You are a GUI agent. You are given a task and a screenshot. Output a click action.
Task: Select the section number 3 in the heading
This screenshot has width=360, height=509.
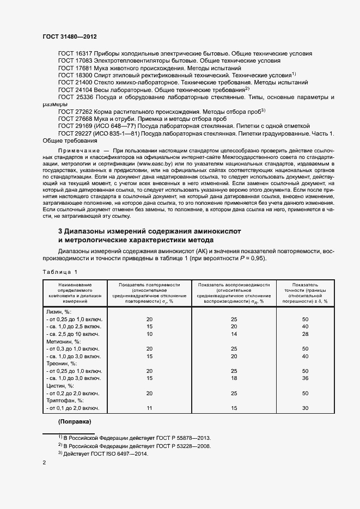click(60, 231)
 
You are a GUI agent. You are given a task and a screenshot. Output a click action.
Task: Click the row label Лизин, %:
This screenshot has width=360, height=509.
click(60, 311)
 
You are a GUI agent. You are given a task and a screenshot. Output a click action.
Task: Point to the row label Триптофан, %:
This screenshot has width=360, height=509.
click(65, 400)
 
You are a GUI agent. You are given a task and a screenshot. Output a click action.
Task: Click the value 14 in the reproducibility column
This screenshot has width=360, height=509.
click(234, 333)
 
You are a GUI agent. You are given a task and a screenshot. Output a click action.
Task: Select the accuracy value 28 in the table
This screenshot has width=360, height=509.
click(305, 333)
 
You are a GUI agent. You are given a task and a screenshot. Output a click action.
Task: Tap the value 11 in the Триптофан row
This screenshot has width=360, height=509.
click(149, 408)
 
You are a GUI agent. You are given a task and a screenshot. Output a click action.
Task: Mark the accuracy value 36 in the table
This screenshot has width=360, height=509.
click(305, 378)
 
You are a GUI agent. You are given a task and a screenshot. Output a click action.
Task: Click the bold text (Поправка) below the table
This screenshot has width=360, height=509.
click(75, 422)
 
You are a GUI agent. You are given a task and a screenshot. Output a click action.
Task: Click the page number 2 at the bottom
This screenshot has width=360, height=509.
click(44, 463)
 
